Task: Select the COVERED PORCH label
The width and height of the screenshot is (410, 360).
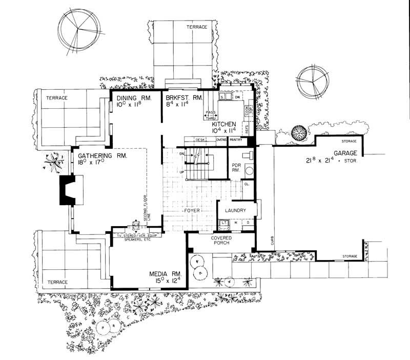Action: coord(222,241)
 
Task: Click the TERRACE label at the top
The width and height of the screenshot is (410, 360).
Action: coord(196,27)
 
